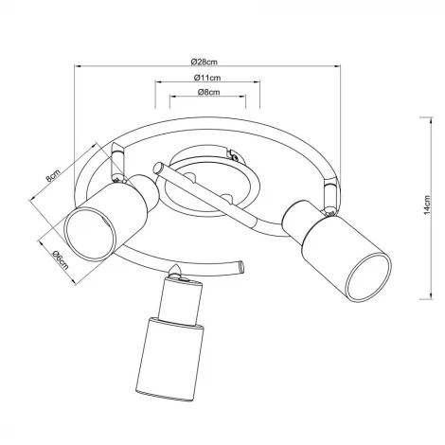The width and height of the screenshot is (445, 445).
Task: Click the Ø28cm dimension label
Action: tap(205, 62)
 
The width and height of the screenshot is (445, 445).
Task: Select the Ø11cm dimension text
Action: tap(207, 78)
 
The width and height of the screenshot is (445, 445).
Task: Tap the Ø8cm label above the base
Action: tap(208, 92)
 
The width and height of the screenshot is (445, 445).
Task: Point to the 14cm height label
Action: tap(427, 205)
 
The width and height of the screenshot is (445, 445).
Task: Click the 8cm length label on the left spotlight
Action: tap(53, 175)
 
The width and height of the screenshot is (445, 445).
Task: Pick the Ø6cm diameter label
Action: tap(61, 260)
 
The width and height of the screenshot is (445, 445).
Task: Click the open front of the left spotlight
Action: tap(90, 234)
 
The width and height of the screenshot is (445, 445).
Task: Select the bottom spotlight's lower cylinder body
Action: tap(169, 359)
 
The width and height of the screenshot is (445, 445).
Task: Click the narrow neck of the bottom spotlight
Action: tap(180, 301)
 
